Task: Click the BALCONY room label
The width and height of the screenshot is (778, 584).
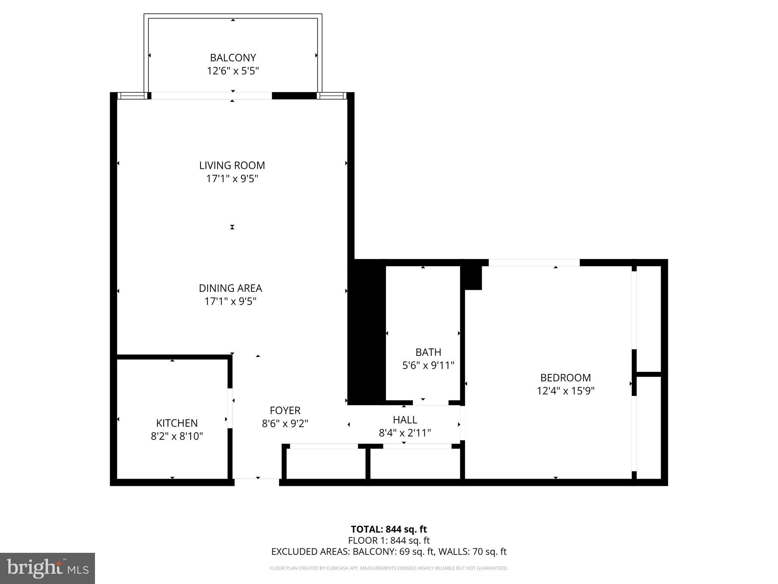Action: [233, 58]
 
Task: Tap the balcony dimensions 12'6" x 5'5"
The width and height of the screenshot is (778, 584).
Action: [233, 71]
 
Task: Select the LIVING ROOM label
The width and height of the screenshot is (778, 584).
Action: [232, 165]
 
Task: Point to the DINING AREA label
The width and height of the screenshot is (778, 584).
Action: [231, 288]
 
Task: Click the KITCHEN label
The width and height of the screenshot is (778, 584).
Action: [177, 423]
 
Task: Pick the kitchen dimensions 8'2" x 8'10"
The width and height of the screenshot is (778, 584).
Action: [177, 436]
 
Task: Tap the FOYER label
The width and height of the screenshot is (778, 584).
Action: [285, 411]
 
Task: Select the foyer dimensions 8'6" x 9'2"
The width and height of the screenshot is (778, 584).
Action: [285, 424]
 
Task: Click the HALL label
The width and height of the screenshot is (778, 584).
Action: [405, 420]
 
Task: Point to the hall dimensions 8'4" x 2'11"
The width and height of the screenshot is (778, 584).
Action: [405, 433]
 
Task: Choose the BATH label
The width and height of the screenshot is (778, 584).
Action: [428, 352]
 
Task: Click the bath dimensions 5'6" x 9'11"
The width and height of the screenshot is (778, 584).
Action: [428, 365]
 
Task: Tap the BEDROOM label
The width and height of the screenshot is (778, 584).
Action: [566, 378]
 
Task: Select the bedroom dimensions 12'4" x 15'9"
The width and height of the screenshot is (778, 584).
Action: [566, 391]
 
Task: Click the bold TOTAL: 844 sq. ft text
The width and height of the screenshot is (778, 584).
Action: [389, 529]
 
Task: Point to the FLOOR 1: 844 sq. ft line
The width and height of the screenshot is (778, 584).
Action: [389, 540]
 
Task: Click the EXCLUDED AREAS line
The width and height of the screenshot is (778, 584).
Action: [389, 552]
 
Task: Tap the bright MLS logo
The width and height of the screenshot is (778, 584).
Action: [47, 568]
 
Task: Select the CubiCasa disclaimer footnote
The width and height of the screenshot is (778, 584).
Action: [389, 568]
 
